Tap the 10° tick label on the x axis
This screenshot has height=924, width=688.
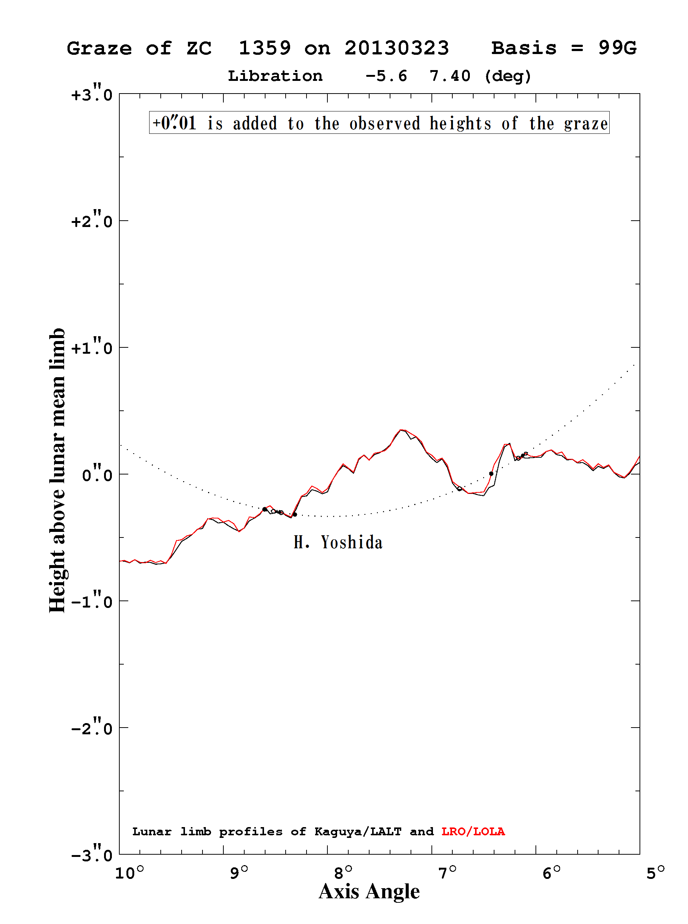[129, 872]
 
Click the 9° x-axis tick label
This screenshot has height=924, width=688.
[239, 872]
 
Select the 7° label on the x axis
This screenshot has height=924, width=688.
[447, 872]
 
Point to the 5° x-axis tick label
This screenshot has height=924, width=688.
[656, 872]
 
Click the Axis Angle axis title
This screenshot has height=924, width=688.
[369, 892]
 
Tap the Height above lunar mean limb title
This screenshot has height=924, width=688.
[57, 470]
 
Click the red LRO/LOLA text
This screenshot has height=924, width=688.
[473, 832]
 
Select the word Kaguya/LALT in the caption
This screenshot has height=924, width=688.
[358, 832]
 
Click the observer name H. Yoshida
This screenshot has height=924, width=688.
[338, 542]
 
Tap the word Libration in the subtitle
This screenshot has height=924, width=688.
[275, 76]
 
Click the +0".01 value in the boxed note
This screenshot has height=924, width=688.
[174, 123]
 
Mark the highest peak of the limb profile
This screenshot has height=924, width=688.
[400, 429]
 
